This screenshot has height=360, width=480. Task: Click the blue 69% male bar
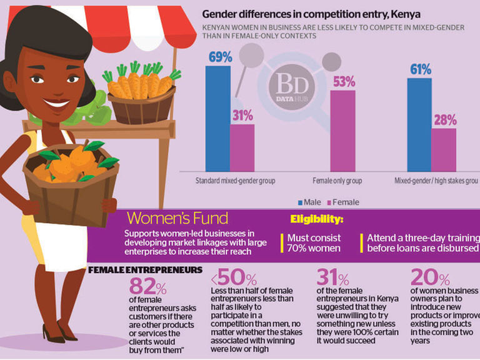(217, 119)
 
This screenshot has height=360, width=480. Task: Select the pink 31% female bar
(242, 147)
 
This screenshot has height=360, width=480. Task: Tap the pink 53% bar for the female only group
(342, 131)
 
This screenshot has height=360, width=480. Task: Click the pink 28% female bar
(444, 150)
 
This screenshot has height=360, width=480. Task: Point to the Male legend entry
(309, 202)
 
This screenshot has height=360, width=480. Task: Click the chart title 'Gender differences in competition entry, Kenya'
(311, 14)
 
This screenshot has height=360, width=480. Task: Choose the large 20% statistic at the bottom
(430, 278)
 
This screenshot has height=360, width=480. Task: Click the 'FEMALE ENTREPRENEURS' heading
(145, 270)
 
